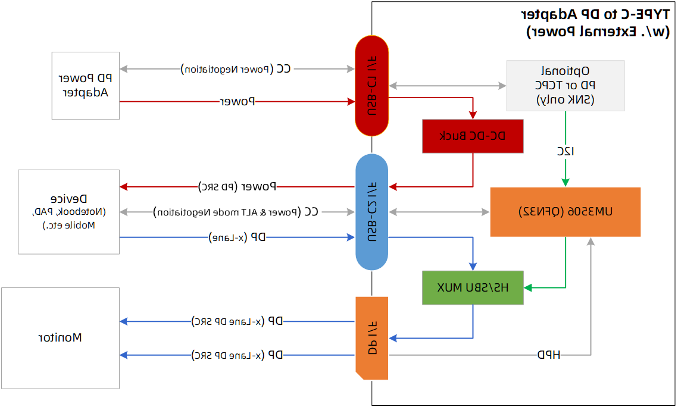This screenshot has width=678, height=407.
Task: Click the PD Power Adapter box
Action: pos(86,85)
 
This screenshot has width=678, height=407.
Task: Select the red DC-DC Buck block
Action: pos(473,136)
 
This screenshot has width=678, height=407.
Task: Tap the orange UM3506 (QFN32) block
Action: pos(565,212)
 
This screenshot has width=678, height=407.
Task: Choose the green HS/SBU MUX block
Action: pos(473,288)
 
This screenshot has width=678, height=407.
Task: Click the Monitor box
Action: pos(60,338)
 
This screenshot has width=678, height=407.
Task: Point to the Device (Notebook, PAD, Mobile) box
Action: pos(69,211)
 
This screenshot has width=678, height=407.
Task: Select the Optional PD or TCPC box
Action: pos(565,85)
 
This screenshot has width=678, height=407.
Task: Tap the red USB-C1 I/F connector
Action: pos(372,86)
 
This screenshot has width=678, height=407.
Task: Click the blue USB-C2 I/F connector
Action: pos(372,212)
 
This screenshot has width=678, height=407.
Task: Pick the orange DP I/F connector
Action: pos(372,338)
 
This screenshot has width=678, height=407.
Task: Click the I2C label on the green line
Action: pos(565,151)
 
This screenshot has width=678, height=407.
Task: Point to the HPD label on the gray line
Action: pos(548,355)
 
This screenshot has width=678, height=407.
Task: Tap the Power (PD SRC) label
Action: pos(237,186)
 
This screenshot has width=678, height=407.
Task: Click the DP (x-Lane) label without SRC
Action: pos(237,237)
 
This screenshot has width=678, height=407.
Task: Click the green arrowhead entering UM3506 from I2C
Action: pos(565,182)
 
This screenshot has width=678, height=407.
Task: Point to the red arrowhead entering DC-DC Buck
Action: pos(473,115)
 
